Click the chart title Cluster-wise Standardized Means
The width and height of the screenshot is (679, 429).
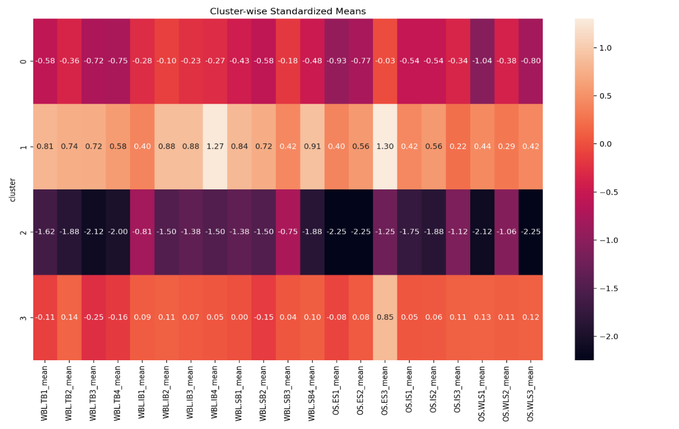click(288, 11)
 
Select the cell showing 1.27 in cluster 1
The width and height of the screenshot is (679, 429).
click(215, 147)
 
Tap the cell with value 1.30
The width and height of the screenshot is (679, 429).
click(385, 147)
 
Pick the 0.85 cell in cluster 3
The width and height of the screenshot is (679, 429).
click(385, 317)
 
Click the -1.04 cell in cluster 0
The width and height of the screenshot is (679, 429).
click(481, 61)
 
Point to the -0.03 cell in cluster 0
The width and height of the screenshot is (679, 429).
click(385, 61)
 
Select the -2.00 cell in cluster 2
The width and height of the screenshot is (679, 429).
click(118, 232)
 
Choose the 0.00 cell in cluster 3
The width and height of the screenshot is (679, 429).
click(239, 317)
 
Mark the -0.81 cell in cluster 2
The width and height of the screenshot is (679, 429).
click(142, 232)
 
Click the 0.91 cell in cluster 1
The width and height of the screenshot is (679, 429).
click(312, 147)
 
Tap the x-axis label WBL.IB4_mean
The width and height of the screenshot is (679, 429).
click(215, 391)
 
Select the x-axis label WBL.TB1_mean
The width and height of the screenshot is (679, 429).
click(45, 391)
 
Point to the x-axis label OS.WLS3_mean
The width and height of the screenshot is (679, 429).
click(530, 392)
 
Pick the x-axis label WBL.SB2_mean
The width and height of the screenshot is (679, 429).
click(263, 391)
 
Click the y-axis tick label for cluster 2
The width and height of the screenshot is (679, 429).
click(23, 232)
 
